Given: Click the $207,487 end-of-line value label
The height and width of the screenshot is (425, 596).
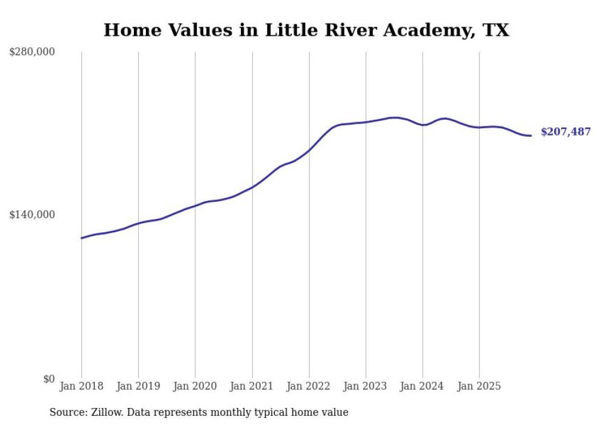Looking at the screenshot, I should click(x=565, y=131).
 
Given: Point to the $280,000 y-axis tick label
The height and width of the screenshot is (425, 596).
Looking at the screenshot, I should click(x=32, y=52).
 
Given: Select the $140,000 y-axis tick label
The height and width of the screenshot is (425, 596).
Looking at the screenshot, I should click(x=32, y=215).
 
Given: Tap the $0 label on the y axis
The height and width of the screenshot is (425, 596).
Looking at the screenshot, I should click(x=49, y=379).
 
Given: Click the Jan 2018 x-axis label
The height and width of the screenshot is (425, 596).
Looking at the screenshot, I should click(x=81, y=386).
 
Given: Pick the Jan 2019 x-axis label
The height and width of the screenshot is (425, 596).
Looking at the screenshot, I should click(x=138, y=386).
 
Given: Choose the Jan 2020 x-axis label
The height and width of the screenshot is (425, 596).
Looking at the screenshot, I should click(x=195, y=386).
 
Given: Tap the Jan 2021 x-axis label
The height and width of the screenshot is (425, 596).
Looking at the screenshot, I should click(x=252, y=386).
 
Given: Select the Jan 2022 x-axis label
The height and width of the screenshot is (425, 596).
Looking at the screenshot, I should click(x=309, y=386).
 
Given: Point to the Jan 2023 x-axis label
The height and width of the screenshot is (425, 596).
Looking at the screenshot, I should click(x=366, y=386).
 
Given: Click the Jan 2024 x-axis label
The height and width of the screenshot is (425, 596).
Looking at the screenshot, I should click(x=423, y=386).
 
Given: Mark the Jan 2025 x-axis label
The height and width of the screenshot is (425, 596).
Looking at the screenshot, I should click(x=479, y=386).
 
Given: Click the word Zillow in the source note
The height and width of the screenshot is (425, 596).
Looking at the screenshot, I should click(x=103, y=412).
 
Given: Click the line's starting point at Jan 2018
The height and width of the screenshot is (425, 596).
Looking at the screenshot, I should click(x=81, y=238).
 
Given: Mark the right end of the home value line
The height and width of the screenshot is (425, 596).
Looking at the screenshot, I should click(x=531, y=135).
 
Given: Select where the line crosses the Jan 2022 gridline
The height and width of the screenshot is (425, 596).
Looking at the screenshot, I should click(x=309, y=149).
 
